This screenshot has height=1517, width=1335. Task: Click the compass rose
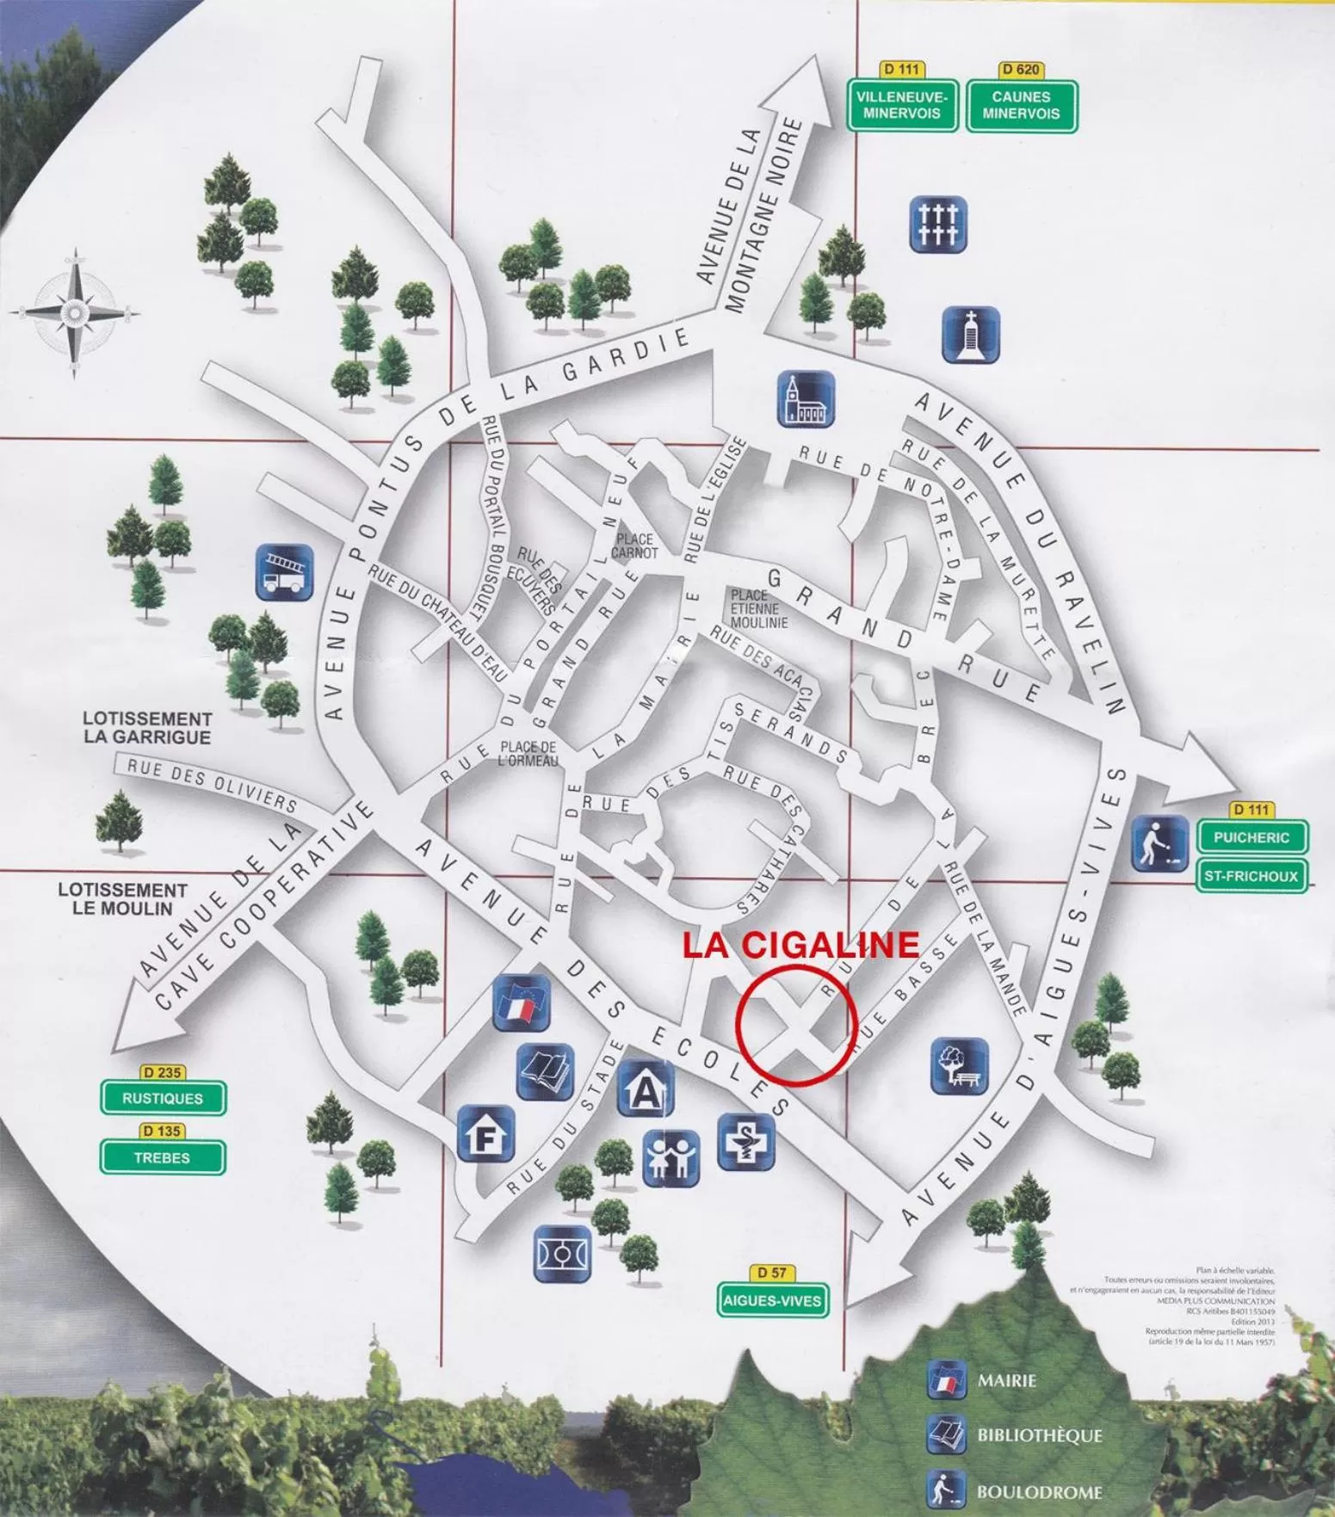[76, 312]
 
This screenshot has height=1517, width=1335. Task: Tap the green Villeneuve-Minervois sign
[901, 106]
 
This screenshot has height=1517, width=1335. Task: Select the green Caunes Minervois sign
[1021, 106]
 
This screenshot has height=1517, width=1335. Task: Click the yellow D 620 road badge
[1021, 70]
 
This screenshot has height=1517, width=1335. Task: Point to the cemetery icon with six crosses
[938, 225]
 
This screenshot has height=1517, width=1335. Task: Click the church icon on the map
[806, 399]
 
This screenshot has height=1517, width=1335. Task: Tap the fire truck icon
[284, 572]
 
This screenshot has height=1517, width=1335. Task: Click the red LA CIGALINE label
[800, 945]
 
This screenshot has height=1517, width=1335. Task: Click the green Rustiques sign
[163, 1099]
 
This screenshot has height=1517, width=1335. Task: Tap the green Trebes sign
[163, 1157]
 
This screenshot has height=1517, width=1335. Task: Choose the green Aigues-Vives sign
[772, 1300]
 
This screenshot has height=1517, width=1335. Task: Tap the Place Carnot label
[635, 546]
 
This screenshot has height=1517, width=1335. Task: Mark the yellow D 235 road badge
[162, 1073]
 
